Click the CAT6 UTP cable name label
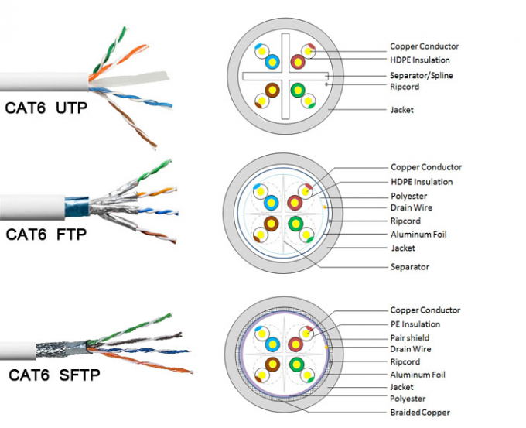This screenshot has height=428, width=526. tap(46, 108)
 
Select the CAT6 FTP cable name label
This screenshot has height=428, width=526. tap(46, 233)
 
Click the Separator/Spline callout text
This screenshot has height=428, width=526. tap(422, 75)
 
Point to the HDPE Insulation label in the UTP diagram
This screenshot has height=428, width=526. tap(420, 60)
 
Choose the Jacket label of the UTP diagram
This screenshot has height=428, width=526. tap(401, 110)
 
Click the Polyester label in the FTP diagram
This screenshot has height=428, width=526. tap(408, 196)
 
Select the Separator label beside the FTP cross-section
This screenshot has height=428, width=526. tap(409, 267)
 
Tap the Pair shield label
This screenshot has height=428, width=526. tap(409, 337)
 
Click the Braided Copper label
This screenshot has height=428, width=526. tap(420, 413)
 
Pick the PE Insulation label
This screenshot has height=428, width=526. tap(415, 324)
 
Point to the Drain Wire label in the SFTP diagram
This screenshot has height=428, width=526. tap(411, 349)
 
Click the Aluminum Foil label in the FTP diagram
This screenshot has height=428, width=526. tap(418, 235)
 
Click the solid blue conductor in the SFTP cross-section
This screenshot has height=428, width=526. tap(272, 344)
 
